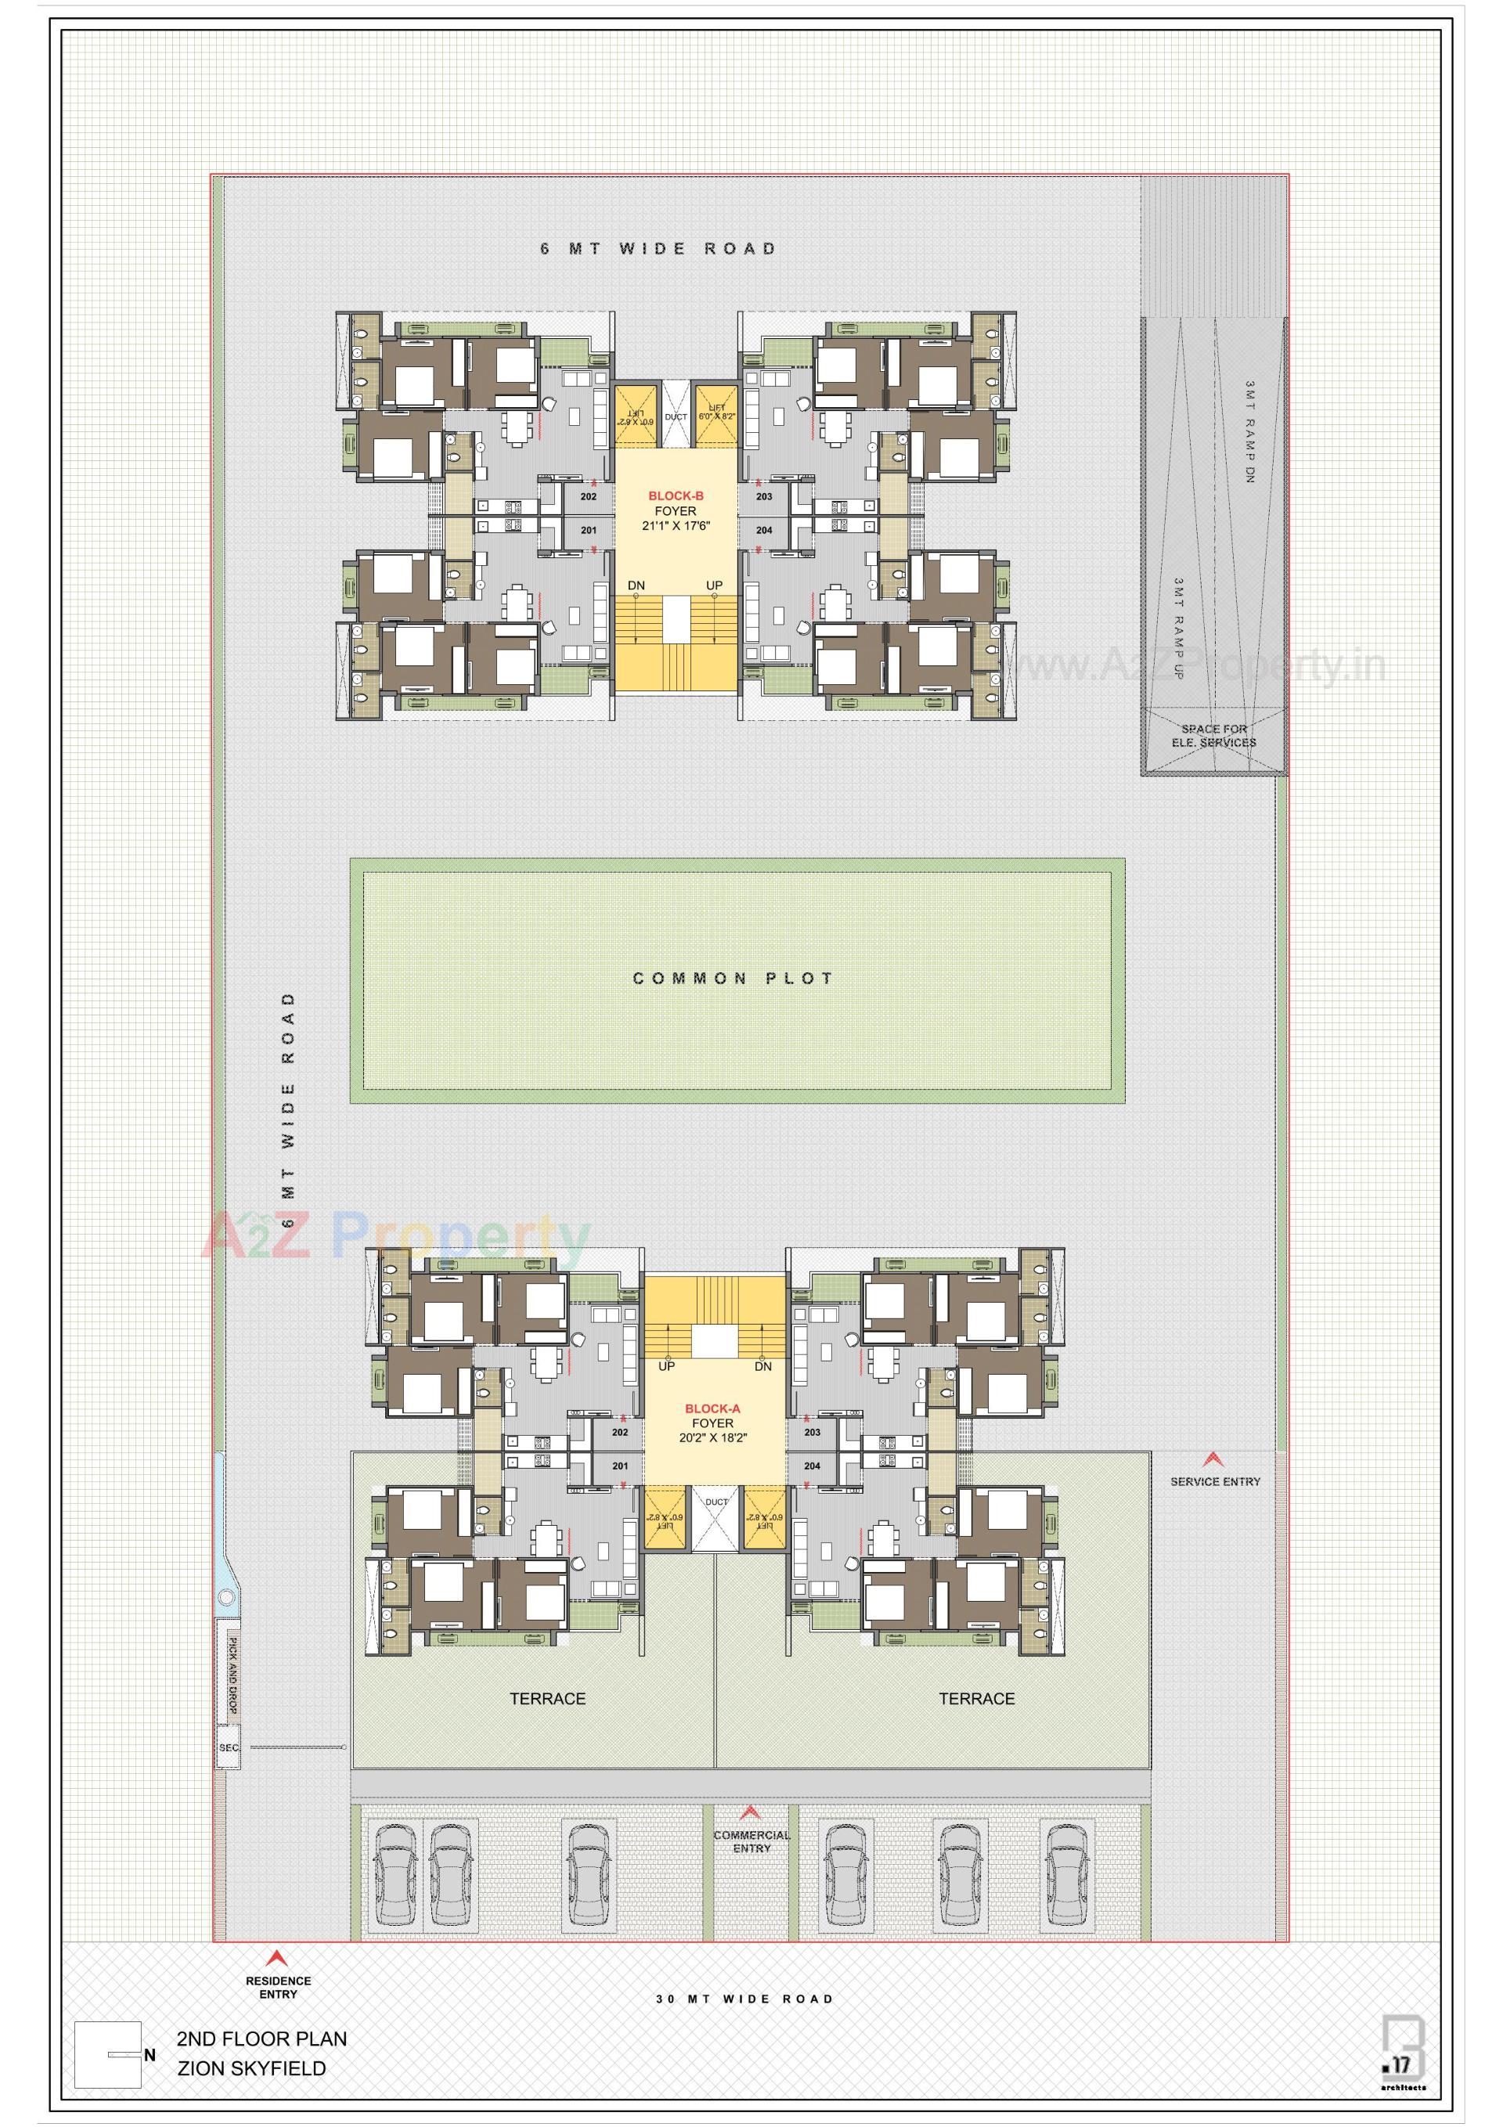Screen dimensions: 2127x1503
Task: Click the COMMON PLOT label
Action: [x=732, y=979]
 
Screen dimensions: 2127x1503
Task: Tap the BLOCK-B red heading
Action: [x=676, y=496]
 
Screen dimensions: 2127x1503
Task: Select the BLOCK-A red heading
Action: [x=712, y=1409]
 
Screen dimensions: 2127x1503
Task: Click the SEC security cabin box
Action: [x=229, y=1748]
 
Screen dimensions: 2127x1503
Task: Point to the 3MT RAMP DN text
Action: [x=1249, y=431]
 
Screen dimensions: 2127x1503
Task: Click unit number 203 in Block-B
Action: [x=763, y=497]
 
